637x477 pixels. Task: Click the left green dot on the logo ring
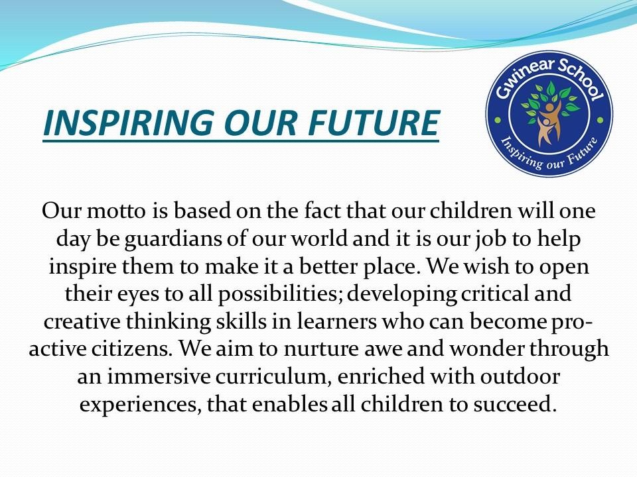(x=496, y=121)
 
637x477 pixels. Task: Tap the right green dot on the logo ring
(x=601, y=121)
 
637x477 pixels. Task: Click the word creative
(x=82, y=322)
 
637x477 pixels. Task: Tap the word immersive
(x=159, y=376)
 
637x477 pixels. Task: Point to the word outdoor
(x=520, y=376)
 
